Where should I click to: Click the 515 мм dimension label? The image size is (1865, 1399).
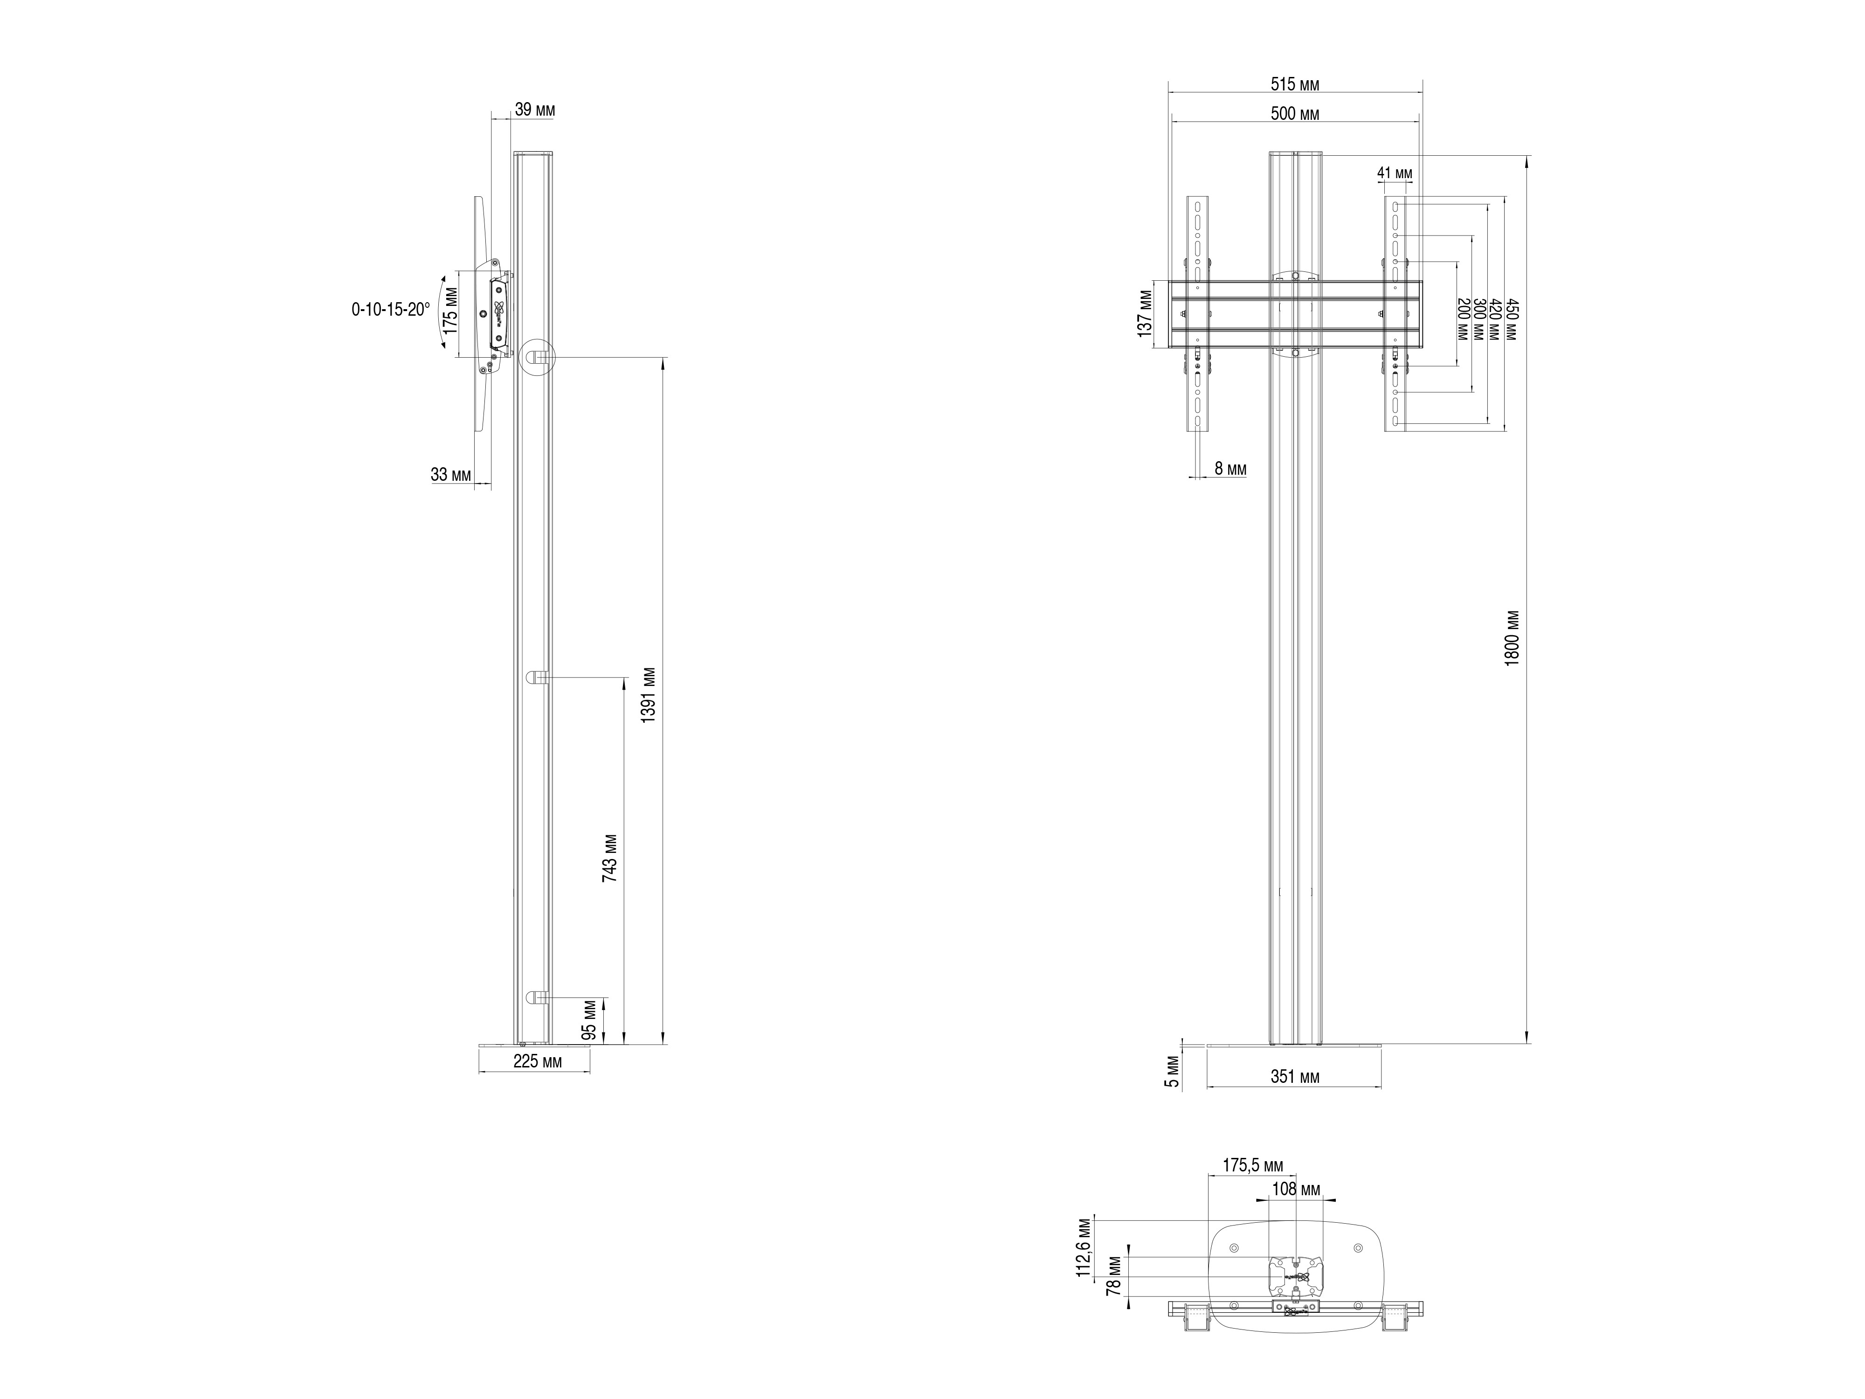1295,84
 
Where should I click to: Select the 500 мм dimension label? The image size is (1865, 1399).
1295,115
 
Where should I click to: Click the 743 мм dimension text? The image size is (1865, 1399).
609,859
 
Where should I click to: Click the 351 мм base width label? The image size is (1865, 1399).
1295,1077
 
